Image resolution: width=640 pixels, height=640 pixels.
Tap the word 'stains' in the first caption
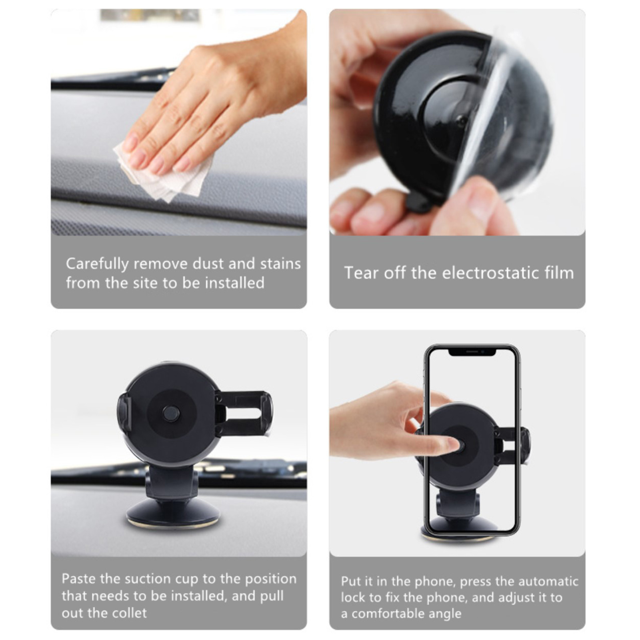click(280, 264)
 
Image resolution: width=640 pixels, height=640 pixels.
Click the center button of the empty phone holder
click(171, 414)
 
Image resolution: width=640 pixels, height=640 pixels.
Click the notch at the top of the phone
click(472, 352)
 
